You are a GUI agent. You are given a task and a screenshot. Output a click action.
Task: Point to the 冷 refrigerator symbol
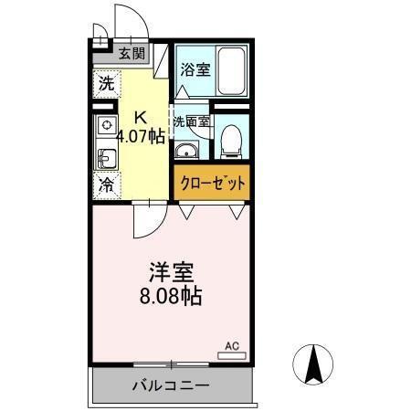[x=106, y=184]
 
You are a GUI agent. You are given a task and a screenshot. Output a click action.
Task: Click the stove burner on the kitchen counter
[x=107, y=125]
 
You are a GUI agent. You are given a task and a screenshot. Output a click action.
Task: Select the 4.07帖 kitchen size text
[x=142, y=137]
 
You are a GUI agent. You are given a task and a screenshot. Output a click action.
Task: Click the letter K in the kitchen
[x=141, y=117]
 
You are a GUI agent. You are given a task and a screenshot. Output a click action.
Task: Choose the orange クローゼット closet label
[x=211, y=183]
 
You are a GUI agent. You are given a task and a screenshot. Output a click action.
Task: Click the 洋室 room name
[x=172, y=272]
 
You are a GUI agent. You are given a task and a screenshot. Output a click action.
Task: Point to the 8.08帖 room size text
[x=172, y=296]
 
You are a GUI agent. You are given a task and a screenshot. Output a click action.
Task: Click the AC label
[x=232, y=346]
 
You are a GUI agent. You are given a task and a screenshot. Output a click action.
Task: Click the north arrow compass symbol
[x=311, y=365]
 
